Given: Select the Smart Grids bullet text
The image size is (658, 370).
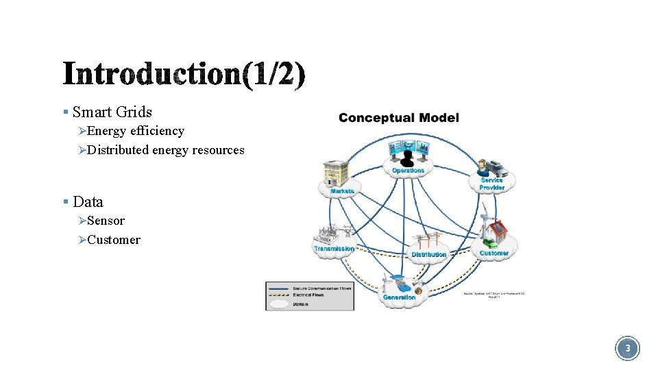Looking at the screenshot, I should (112, 112).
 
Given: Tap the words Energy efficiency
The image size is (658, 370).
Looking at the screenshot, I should (136, 130).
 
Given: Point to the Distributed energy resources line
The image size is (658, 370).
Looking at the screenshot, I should (166, 149).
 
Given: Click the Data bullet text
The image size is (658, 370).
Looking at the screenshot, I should (88, 201).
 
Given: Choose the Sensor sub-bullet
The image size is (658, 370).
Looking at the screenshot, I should (106, 221).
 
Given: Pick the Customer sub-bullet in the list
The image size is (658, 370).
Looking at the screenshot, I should (114, 240).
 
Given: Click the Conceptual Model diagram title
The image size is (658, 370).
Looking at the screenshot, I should (398, 118).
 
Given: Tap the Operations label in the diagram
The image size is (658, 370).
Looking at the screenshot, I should (408, 171).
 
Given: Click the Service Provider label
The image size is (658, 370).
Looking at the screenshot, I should (492, 184).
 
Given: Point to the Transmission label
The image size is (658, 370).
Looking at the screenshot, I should (334, 248).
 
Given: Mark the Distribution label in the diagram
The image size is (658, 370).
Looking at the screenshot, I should (429, 254).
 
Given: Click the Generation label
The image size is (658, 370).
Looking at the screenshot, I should (399, 297).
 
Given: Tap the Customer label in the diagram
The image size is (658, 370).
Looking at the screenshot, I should (493, 253).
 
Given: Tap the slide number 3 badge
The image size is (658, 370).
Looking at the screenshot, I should (626, 349).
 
